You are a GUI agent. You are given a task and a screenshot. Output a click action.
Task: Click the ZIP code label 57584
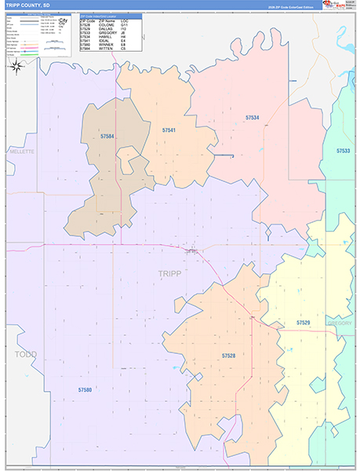[x=107, y=137]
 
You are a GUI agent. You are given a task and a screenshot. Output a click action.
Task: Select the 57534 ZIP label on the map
[x=252, y=117]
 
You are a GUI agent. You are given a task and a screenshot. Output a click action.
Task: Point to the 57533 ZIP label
[x=343, y=150]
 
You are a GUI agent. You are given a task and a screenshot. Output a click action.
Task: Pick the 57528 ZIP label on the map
[x=228, y=356]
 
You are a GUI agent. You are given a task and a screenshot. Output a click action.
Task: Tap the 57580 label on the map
[x=85, y=389]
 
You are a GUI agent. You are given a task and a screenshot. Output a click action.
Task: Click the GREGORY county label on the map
[x=340, y=323]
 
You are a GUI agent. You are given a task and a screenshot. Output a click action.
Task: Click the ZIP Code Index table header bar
[x=110, y=15]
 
